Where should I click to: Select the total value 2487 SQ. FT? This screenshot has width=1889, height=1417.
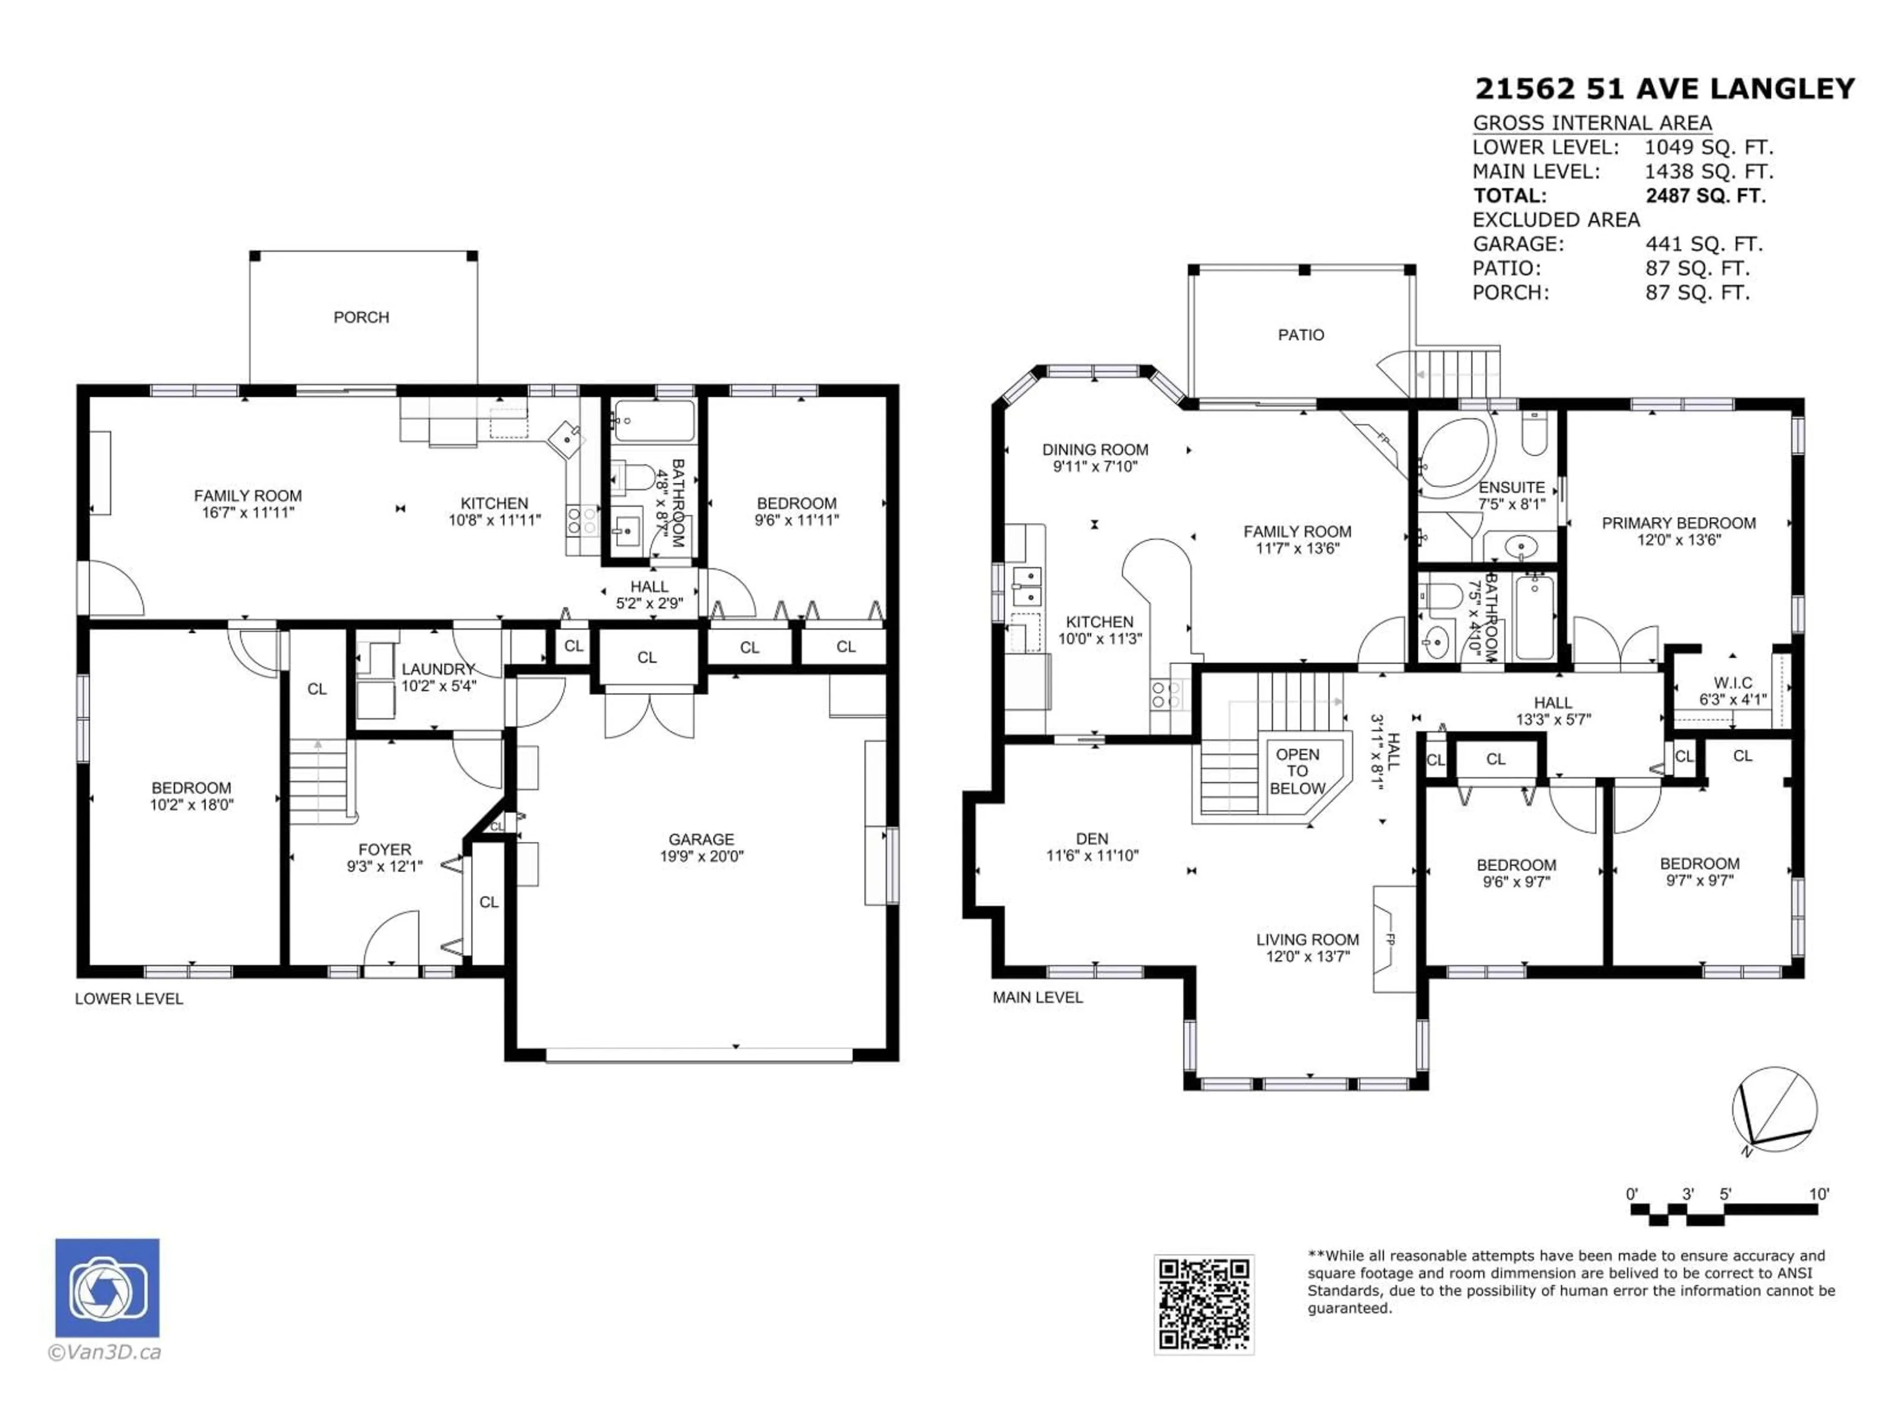point(1705,196)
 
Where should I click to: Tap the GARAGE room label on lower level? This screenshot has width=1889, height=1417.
point(701,839)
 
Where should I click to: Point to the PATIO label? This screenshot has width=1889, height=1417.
point(1301,336)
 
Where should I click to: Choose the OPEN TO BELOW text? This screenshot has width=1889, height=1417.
point(1297,771)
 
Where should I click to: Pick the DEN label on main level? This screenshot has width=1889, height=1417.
point(1092,839)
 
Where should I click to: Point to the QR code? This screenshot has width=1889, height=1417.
point(1203,1304)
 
